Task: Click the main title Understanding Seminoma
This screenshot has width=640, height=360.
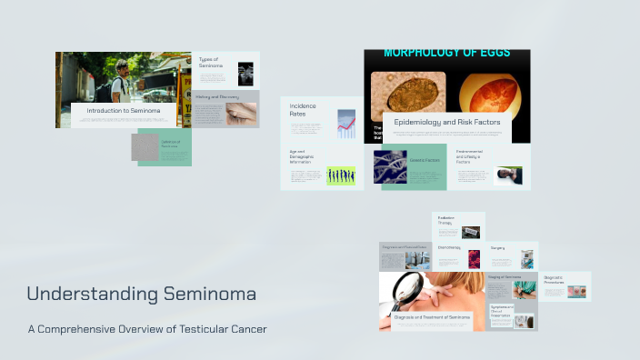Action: point(141,295)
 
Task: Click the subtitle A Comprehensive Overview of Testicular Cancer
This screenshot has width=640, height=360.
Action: point(147,328)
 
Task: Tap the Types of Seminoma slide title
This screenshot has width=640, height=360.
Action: point(211,63)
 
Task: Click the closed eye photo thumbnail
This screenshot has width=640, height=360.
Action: point(241,113)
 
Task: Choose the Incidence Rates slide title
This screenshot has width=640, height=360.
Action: point(304,110)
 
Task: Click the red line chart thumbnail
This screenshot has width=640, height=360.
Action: point(346,124)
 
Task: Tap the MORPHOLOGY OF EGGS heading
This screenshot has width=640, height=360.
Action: point(446,54)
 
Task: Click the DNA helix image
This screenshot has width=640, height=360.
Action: point(390,166)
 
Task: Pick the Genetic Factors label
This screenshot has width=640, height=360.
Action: point(425,160)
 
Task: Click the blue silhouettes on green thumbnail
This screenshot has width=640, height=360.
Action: point(341,175)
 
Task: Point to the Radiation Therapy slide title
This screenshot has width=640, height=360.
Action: point(446,220)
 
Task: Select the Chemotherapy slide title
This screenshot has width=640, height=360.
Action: point(449,247)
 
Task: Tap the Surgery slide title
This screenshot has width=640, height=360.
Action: point(498,247)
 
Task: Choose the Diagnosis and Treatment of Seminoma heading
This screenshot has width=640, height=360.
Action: point(433,316)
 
